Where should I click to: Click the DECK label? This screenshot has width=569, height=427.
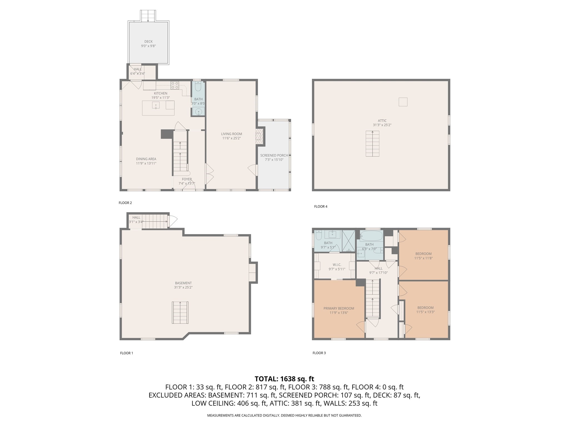[x=148, y=42]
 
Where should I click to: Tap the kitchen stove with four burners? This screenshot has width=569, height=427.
[x=174, y=85]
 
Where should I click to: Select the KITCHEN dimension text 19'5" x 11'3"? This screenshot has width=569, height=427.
[x=160, y=98]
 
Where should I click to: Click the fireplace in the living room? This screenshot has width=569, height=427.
[x=259, y=136]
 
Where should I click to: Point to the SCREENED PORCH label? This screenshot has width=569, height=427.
[x=274, y=155]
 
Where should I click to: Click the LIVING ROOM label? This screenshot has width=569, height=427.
[x=231, y=134]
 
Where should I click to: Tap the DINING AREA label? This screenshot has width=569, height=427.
[x=146, y=159]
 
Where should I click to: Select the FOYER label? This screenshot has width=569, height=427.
[x=187, y=179]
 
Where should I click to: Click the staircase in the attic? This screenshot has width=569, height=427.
[x=372, y=144]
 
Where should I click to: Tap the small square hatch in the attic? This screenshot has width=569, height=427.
[x=403, y=102]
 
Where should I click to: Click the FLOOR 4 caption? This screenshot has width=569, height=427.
[x=321, y=207]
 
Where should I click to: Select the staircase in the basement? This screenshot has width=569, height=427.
[x=180, y=312]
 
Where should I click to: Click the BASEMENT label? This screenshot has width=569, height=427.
[x=183, y=283]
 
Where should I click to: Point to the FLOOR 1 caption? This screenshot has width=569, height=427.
[x=126, y=353]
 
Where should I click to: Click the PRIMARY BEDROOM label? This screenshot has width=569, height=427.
[x=339, y=308]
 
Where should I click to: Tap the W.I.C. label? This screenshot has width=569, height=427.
[x=337, y=265]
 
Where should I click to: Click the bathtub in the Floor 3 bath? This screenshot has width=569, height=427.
[x=371, y=236]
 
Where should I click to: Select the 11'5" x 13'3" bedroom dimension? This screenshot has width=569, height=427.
[x=425, y=312]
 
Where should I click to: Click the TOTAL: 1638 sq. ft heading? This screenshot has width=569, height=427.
[x=284, y=379]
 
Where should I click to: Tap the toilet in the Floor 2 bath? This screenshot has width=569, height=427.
[x=198, y=87]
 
